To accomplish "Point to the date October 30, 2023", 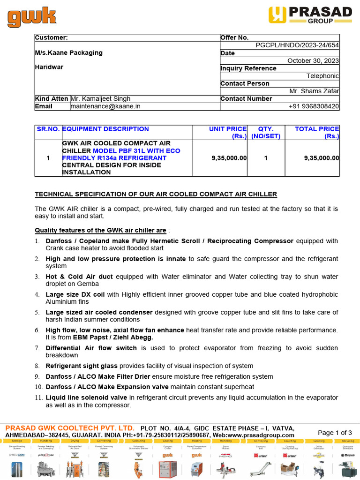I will [313, 60].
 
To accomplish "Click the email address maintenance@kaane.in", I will [105, 106].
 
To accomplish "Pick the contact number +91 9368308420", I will [314, 106].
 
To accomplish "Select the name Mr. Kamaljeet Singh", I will [101, 98].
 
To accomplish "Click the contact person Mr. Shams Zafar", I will [314, 91].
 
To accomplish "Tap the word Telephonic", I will [322, 76].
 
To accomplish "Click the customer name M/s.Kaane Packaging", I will [68, 52].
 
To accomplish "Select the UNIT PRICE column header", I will [227, 129].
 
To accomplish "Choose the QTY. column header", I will [266, 129].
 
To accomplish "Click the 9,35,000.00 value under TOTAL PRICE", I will [321, 158].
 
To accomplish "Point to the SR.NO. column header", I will [48, 129].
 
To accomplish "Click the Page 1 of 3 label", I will [335, 433].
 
